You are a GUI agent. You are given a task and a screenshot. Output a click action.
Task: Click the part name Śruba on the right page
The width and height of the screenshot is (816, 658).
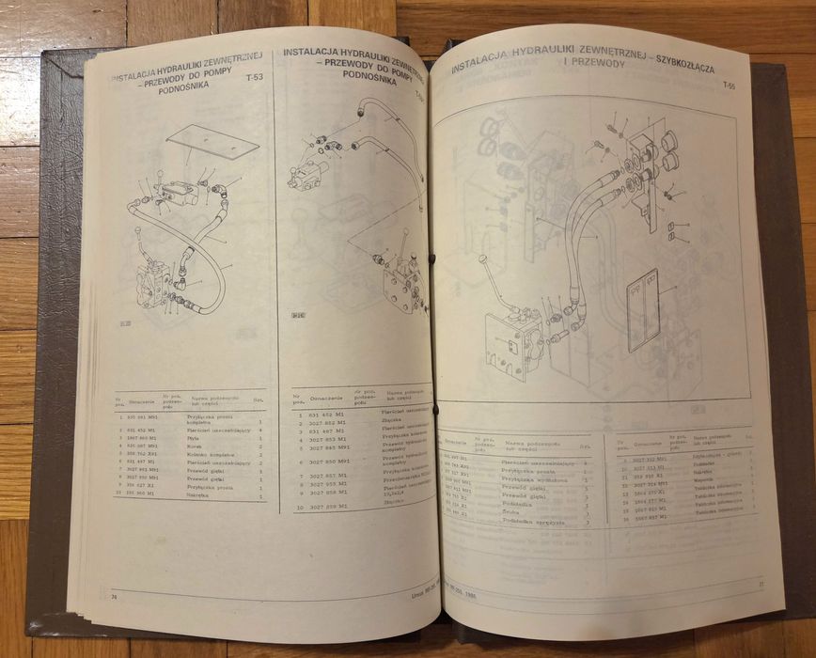click(x=516, y=512)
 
